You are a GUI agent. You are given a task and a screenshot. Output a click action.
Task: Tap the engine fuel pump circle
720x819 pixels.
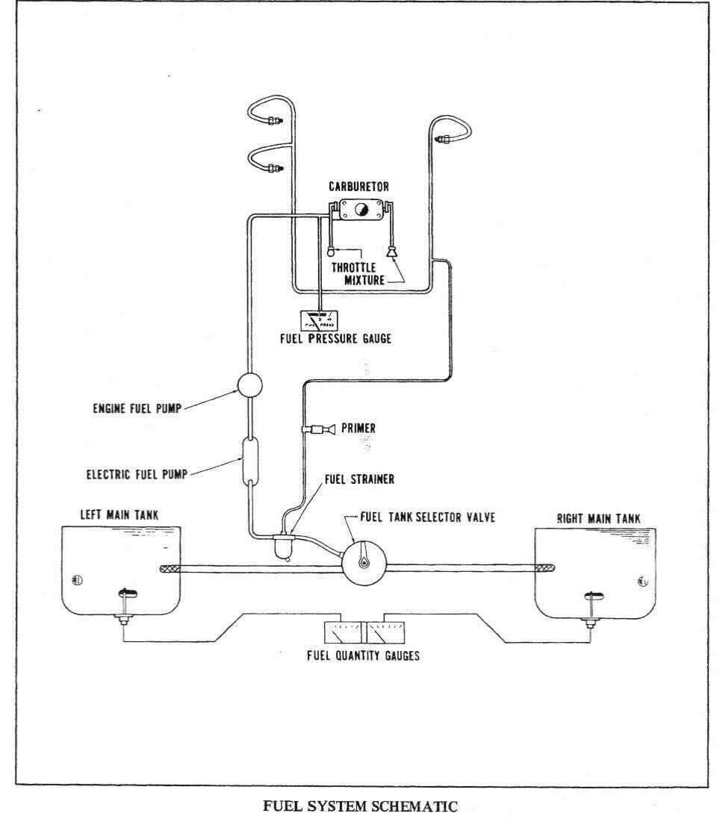point(248,385)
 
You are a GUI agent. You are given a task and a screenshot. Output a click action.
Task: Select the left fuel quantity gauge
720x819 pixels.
point(340,632)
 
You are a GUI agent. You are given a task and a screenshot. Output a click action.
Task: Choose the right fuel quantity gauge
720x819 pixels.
point(382,632)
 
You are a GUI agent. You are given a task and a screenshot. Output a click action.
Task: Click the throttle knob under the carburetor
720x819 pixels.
point(332,255)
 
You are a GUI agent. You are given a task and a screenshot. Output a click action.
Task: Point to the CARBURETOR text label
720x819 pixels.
point(359,187)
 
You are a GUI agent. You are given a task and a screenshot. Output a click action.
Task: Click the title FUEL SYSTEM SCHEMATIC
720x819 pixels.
point(361,807)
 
